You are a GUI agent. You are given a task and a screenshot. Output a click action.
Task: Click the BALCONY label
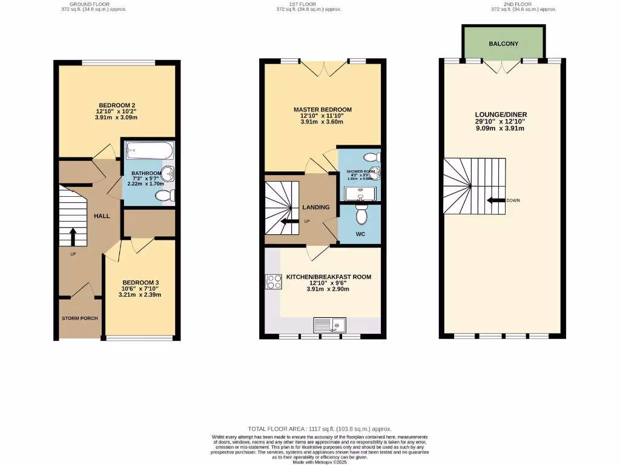(x=504, y=44)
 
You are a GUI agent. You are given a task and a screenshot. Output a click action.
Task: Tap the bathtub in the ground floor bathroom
(x=149, y=150)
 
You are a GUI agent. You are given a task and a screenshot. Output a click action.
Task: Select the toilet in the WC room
(x=362, y=214)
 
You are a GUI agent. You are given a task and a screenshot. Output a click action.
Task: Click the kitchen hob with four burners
(x=272, y=282)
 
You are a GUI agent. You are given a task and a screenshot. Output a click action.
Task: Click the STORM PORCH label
(x=79, y=318)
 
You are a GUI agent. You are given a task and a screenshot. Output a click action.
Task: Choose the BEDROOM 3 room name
(x=140, y=282)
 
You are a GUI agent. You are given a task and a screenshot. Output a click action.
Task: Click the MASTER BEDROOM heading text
(x=322, y=110)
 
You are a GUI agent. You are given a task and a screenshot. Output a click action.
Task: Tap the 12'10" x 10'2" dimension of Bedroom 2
(x=116, y=111)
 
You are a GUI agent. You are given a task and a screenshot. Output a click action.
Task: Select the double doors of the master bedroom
(x=322, y=68)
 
